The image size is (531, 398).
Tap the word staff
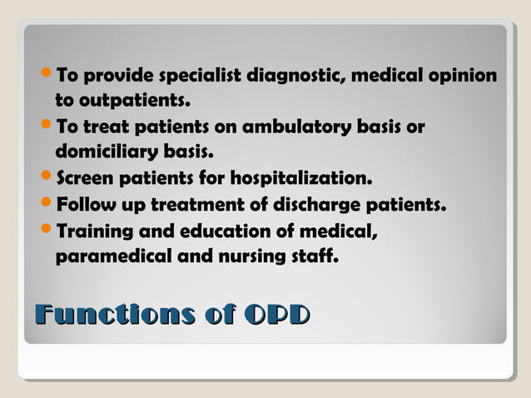[x=317, y=256]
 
